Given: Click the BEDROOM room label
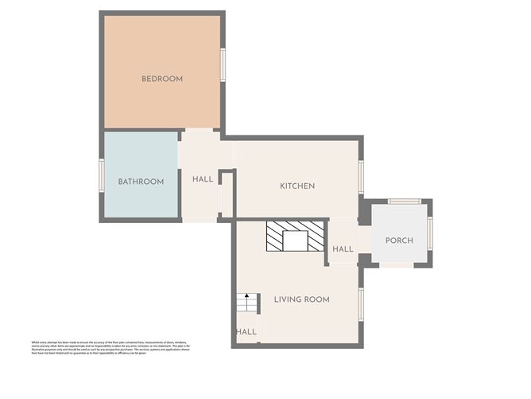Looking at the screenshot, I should pyautogui.click(x=162, y=79).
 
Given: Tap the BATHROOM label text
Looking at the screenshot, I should pyautogui.click(x=141, y=182).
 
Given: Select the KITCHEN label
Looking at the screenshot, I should pyautogui.click(x=297, y=186).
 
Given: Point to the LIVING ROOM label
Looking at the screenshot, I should pyautogui.click(x=301, y=299).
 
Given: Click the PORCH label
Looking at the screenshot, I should pyautogui.click(x=399, y=241).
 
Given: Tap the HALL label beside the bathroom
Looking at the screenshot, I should pyautogui.click(x=203, y=179).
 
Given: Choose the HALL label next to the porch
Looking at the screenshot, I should pyautogui.click(x=343, y=249).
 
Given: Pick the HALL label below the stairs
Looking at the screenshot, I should pyautogui.click(x=246, y=331).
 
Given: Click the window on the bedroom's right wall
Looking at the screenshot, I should pyautogui.click(x=223, y=65).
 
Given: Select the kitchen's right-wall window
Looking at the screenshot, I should pyautogui.click(x=361, y=178).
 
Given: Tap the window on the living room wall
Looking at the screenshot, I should pyautogui.click(x=361, y=304).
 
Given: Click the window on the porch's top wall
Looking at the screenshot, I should pyautogui.click(x=404, y=201).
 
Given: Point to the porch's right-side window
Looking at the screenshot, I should pyautogui.click(x=430, y=233).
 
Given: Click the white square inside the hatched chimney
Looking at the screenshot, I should pyautogui.click(x=295, y=241).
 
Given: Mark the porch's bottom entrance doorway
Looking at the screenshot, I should pyautogui.click(x=397, y=264).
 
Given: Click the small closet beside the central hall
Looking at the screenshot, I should pyautogui.click(x=227, y=194).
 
